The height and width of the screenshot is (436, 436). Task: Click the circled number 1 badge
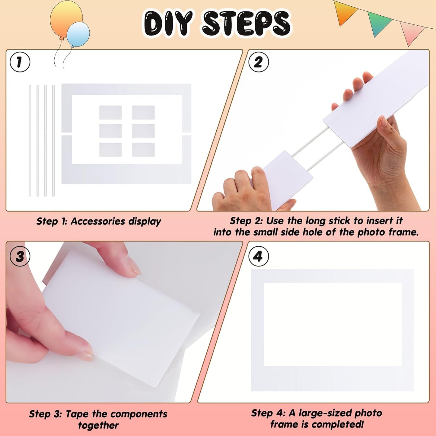[x=20, y=62]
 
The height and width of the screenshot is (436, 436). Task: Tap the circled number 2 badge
[x=258, y=62]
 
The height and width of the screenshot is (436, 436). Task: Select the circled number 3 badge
[x=20, y=256]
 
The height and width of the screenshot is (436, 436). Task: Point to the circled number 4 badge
[x=258, y=256]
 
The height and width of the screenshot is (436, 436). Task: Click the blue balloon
[x=78, y=34]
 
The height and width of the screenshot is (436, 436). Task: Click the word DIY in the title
[x=168, y=23]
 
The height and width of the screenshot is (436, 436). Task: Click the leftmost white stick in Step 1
[x=30, y=140]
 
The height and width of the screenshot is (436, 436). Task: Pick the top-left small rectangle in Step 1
[x=110, y=112]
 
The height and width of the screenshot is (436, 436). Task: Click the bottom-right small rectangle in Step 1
[x=143, y=150]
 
